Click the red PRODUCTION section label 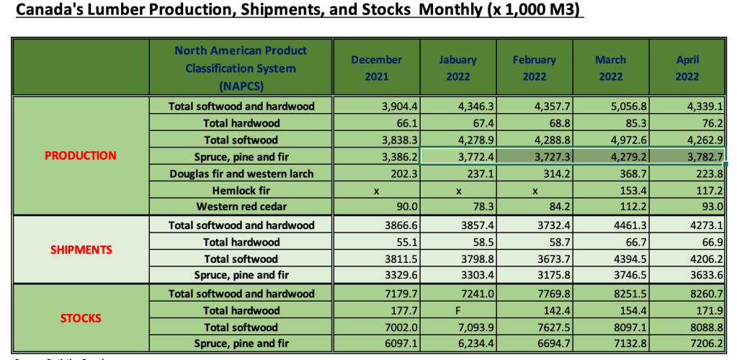pos(80,156)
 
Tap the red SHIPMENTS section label pos(80,250)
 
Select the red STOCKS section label pos(80,318)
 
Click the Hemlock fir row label pos(241,191)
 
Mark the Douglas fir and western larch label pos(241,174)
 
